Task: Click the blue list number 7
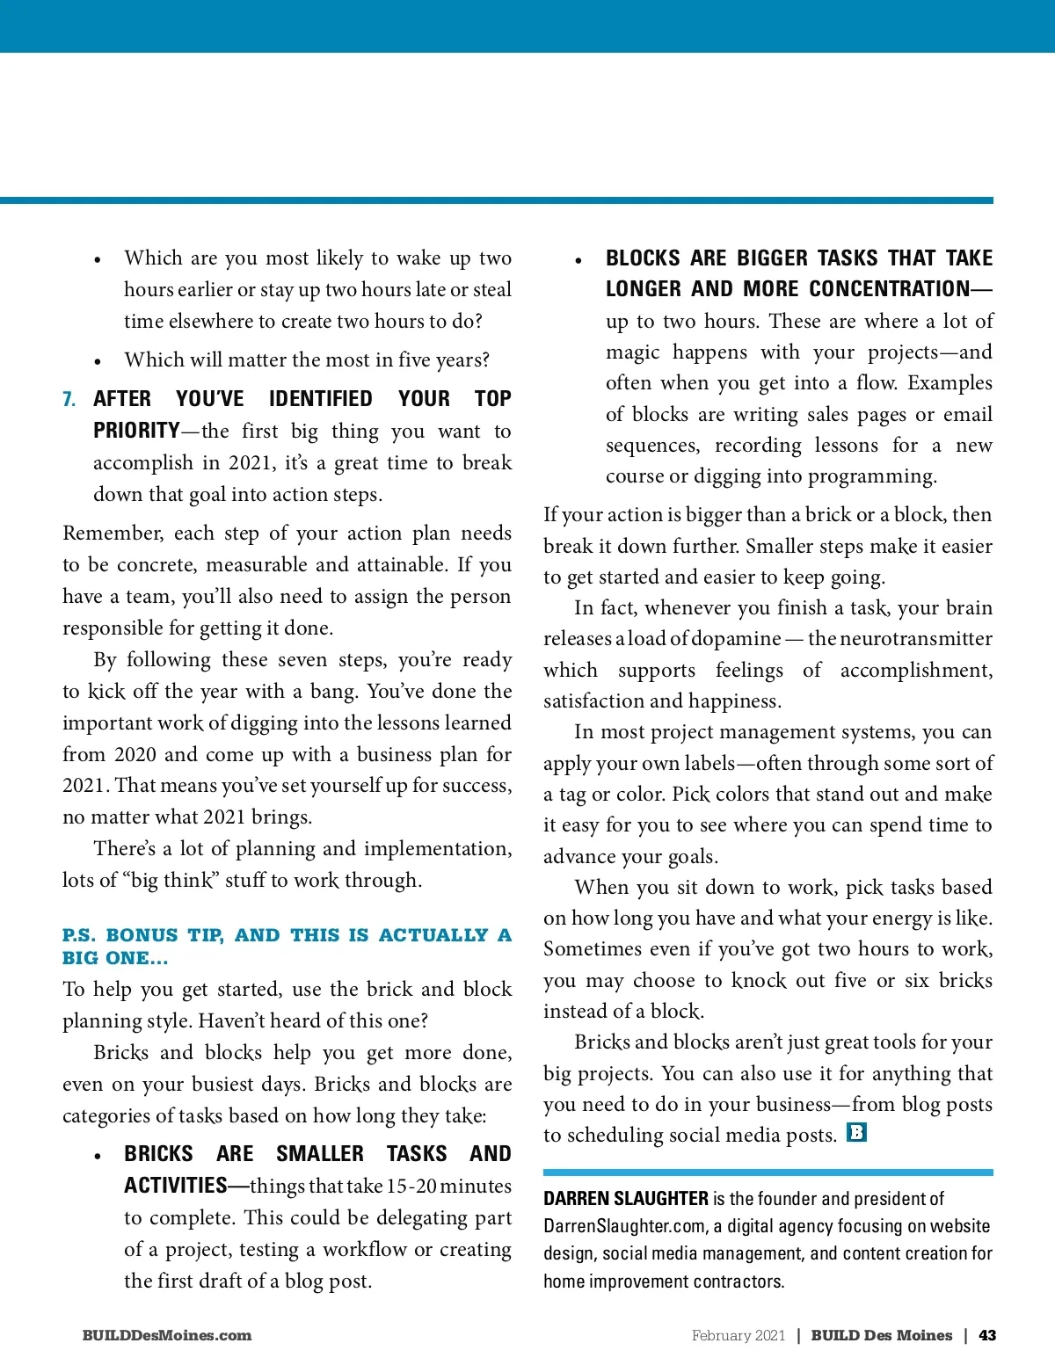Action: tap(69, 400)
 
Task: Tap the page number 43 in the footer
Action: tap(987, 1335)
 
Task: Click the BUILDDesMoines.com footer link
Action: tap(167, 1335)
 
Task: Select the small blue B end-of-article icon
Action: tap(856, 1132)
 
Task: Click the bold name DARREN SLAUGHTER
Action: tap(626, 1199)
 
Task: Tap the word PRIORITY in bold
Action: tap(136, 432)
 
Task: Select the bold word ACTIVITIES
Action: tap(176, 1186)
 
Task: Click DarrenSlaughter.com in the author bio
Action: tap(624, 1226)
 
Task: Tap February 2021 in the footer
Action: tap(738, 1335)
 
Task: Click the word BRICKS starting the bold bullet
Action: tap(158, 1154)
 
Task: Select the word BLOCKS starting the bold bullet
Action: tap(643, 258)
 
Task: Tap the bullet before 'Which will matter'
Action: tap(98, 361)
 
